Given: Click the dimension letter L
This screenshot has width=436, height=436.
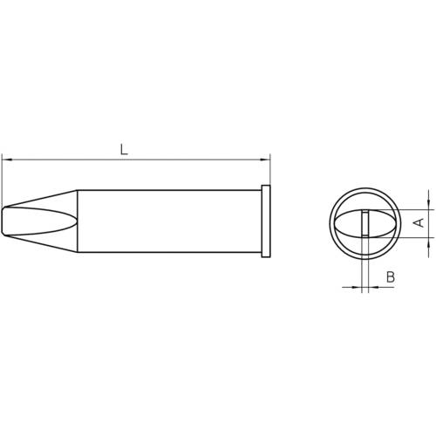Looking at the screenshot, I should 124,150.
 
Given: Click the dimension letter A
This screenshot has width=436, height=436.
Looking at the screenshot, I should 418,222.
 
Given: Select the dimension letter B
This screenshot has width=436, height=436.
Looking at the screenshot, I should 390,276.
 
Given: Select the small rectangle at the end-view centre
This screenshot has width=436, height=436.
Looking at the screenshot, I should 365,223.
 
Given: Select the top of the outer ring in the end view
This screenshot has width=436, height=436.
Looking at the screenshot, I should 365,186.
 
